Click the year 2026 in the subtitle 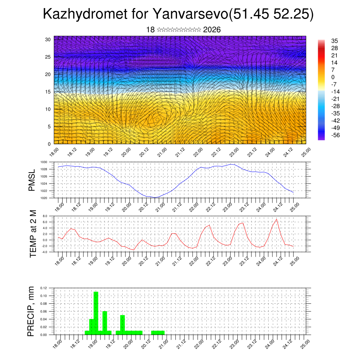[x=212, y=30]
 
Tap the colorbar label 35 [x=334, y=41]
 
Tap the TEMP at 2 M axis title [x=33, y=233]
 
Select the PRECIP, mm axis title [x=32, y=311]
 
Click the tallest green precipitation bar [x=96, y=313]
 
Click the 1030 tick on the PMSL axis [x=44, y=162]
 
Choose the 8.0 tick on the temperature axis [x=45, y=216]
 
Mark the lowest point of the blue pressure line [x=155, y=198]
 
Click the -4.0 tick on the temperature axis [x=44, y=252]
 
